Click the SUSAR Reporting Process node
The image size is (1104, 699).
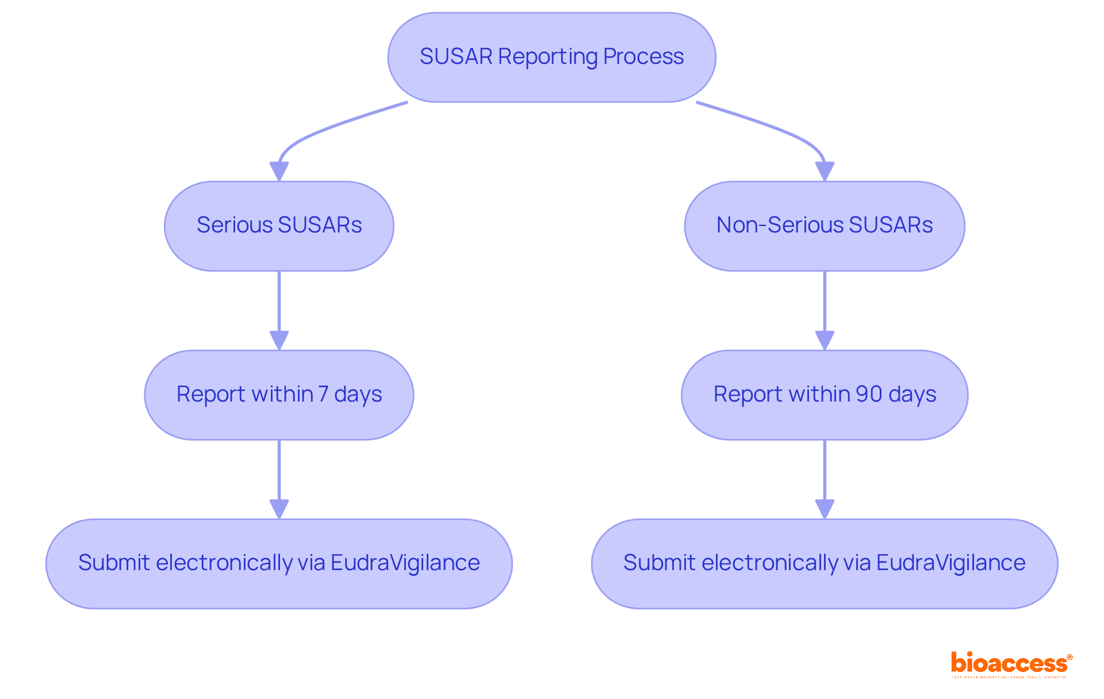click(x=551, y=58)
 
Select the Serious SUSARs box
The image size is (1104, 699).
click(x=279, y=226)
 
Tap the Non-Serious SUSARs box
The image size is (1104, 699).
click(x=824, y=226)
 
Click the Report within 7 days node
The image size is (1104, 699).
click(x=279, y=395)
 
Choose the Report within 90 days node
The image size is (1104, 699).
click(x=824, y=395)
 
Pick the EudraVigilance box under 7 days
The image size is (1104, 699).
click(x=279, y=563)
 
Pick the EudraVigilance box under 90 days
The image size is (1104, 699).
click(x=824, y=563)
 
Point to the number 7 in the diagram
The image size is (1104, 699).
click(x=323, y=394)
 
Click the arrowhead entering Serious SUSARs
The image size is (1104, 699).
click(x=279, y=171)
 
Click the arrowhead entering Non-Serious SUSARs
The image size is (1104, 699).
click(x=825, y=171)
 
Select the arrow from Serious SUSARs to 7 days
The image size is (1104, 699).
click(x=279, y=305)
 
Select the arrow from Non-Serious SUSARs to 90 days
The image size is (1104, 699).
click(x=825, y=305)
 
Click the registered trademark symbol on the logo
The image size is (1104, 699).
click(x=1069, y=657)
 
